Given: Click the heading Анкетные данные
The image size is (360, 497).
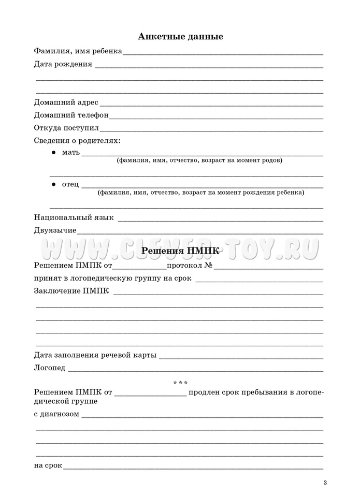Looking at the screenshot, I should tap(180, 37).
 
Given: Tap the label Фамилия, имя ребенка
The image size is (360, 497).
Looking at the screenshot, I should tap(78, 51).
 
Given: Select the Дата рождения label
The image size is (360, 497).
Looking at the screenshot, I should tap(63, 64).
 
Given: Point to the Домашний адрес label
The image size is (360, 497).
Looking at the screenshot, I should tap(66, 103).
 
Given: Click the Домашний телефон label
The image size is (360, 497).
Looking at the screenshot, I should tap(71, 115).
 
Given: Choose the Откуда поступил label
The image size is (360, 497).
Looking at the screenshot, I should tap(66, 127).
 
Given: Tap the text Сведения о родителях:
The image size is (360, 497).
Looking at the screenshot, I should tap(77, 140).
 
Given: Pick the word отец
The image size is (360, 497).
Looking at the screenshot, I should tap(70, 185).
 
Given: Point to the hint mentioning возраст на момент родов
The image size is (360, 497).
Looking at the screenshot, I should tap(199, 160).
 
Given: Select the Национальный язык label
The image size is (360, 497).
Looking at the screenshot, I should tap(74, 217).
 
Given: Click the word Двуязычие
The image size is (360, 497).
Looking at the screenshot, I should tap(55, 230).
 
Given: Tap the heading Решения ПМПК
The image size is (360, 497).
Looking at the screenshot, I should tap(180, 252).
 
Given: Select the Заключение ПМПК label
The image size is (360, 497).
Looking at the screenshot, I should tap(71, 291).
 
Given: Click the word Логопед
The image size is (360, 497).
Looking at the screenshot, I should tap(50, 368).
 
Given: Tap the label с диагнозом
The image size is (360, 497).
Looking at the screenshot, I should tap(56, 414).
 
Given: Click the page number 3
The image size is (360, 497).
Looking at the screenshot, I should tap(325, 484).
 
